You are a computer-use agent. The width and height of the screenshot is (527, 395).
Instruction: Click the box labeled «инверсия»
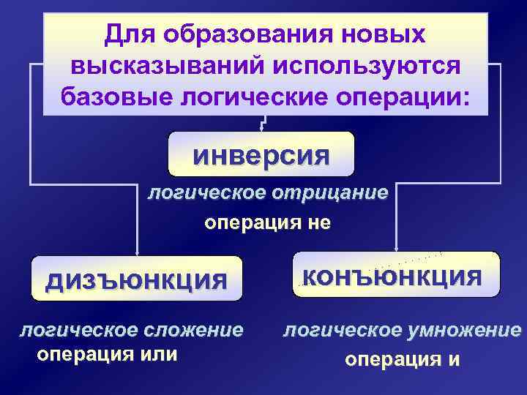click(261, 154)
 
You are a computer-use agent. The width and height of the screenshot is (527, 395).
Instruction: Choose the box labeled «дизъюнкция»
click(137, 279)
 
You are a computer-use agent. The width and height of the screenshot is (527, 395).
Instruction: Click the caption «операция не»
click(266, 222)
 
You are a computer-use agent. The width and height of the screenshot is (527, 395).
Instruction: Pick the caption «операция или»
click(107, 354)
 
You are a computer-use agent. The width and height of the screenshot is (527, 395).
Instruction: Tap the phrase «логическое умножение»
click(402, 330)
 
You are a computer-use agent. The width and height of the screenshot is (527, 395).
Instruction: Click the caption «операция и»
click(402, 359)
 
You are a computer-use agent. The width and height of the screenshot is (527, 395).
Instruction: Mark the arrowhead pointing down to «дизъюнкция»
click(136, 251)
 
